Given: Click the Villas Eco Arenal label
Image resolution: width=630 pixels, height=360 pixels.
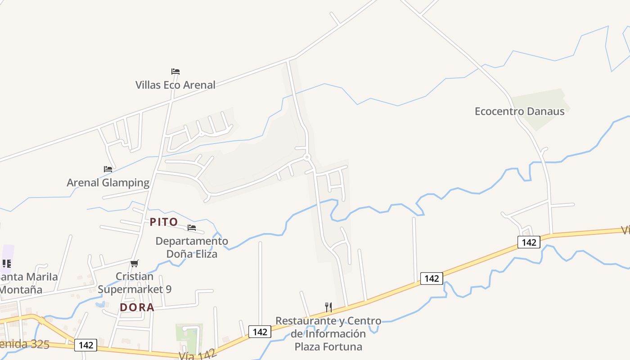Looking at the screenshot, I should (175, 85).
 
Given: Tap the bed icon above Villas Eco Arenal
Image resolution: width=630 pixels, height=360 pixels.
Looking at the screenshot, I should (175, 72).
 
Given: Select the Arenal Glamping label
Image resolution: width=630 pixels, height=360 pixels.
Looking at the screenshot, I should (108, 182).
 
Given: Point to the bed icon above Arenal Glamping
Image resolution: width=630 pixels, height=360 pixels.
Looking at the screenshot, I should (108, 169).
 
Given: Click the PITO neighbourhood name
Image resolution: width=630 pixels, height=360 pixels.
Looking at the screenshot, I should (164, 222).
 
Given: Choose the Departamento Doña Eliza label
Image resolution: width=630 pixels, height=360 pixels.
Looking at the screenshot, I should (192, 247).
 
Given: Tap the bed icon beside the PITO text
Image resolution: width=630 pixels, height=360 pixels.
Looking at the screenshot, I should (192, 228).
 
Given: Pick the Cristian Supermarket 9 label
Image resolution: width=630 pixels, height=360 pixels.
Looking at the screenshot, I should (135, 283).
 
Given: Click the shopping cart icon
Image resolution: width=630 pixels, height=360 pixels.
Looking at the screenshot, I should (135, 264).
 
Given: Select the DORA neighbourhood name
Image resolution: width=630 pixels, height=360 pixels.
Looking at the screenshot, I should (137, 307).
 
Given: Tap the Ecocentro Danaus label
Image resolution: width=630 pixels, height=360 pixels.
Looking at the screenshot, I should (519, 111).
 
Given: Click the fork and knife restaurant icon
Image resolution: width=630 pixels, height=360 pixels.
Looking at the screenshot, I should (328, 307).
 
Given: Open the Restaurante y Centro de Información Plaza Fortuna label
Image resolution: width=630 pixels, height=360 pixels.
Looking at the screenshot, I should (328, 333).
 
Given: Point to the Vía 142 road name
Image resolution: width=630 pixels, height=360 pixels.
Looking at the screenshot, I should (198, 354).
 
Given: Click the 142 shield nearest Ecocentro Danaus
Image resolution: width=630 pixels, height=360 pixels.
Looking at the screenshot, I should (529, 242).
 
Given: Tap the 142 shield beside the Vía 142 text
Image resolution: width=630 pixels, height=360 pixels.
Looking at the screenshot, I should (260, 332).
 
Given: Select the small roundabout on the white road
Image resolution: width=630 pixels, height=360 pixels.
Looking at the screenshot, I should (307, 157).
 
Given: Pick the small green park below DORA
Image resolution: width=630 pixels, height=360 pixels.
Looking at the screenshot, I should (189, 337).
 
